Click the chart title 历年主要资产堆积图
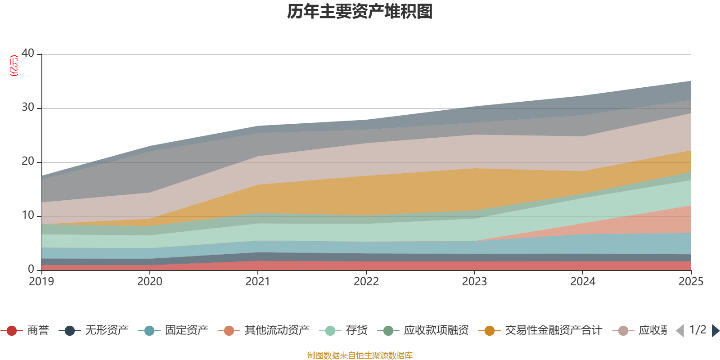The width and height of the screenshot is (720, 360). (360, 12)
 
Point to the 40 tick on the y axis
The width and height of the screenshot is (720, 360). (28, 53)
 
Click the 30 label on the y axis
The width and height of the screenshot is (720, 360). (28, 107)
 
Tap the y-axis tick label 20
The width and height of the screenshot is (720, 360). (28, 161)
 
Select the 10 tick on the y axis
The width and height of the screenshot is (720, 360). (28, 215)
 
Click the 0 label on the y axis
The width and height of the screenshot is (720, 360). (31, 269)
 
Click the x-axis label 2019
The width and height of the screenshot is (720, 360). (41, 282)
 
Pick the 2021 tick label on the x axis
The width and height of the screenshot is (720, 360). (258, 282)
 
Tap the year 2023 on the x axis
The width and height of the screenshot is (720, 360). (474, 282)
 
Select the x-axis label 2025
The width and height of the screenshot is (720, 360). (690, 282)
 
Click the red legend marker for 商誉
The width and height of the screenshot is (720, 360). (12, 331)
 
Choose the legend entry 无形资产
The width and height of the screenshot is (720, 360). (107, 331)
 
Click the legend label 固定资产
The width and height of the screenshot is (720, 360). (186, 331)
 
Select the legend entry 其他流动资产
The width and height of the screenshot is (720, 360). (277, 331)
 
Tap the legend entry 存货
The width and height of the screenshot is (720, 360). (356, 331)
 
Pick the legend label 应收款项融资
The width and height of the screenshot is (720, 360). (436, 331)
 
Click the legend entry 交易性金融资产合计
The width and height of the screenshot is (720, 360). (553, 331)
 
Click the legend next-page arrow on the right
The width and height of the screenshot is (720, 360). (715, 331)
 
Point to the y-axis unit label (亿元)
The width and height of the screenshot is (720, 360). (14, 66)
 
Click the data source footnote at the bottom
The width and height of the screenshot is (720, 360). (360, 355)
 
